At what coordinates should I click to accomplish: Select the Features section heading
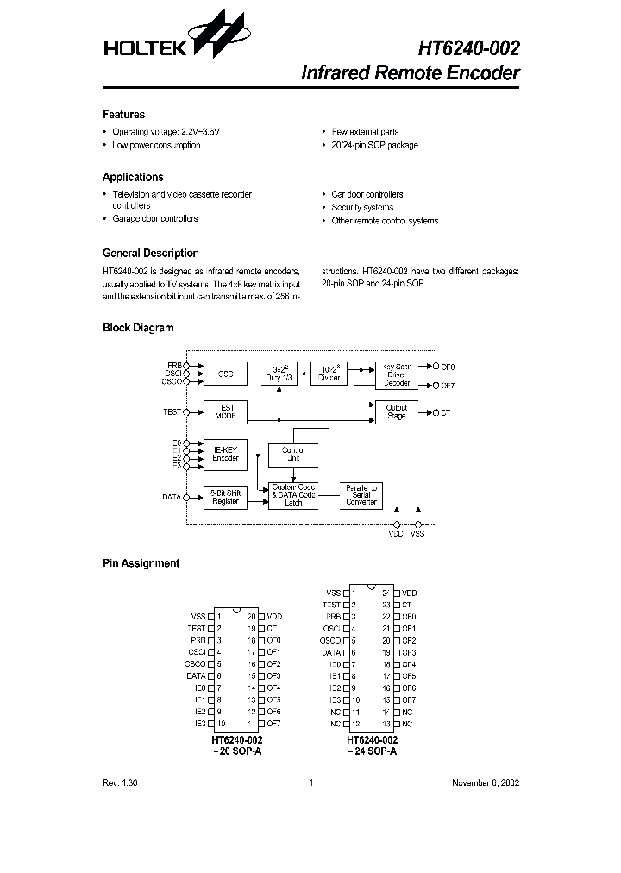point(123,115)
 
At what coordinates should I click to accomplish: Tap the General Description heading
point(150,254)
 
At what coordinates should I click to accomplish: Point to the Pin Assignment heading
point(141,563)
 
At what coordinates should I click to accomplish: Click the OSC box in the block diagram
point(225,374)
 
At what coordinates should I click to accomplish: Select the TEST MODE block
point(225,412)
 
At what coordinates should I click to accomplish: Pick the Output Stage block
point(396,412)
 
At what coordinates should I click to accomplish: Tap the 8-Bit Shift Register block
point(225,498)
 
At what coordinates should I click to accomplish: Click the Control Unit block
point(293,455)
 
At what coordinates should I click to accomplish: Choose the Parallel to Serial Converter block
point(361,495)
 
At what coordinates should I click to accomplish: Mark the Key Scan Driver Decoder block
point(396,374)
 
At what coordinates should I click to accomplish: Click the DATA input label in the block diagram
point(172,497)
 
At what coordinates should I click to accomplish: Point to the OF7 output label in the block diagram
point(447,385)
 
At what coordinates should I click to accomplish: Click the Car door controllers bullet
point(367,195)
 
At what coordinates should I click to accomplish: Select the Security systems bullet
point(362,208)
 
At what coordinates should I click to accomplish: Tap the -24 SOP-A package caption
point(373,752)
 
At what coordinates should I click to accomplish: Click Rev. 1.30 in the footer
point(120,783)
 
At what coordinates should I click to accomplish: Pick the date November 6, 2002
point(486,783)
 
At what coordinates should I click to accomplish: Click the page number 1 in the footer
point(310,783)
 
